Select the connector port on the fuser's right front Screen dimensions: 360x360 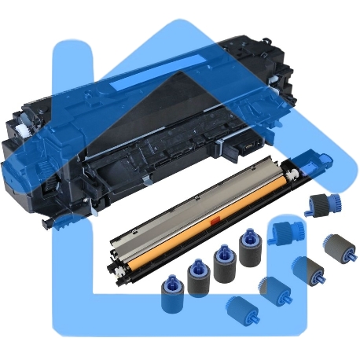click(244, 147)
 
